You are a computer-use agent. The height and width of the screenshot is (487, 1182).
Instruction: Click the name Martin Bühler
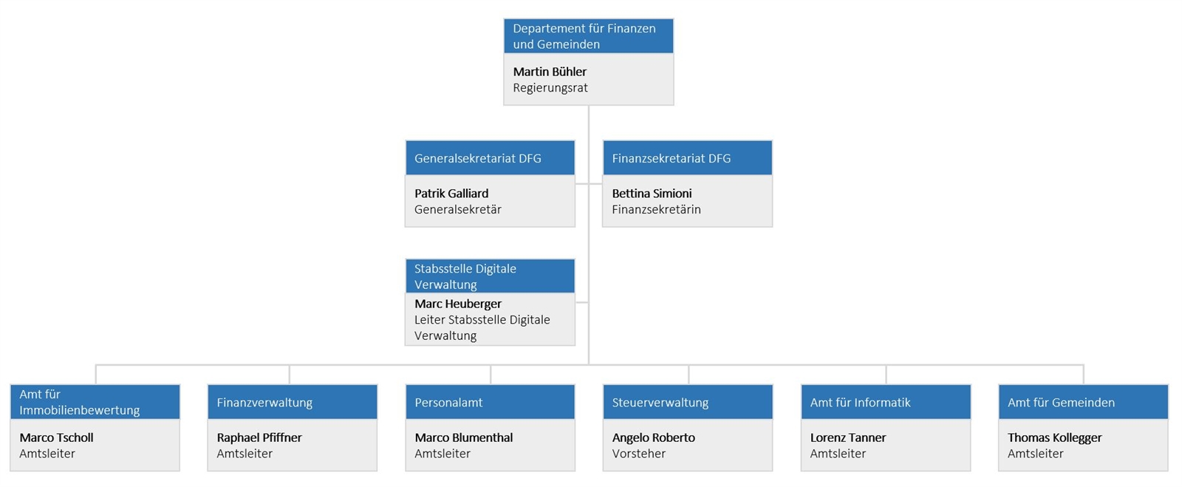coord(550,72)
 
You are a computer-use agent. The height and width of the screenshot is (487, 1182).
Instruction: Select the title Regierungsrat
coord(550,88)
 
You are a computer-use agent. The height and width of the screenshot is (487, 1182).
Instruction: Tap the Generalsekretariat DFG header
coord(490,157)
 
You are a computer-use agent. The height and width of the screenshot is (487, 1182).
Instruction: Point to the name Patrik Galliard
coord(451,194)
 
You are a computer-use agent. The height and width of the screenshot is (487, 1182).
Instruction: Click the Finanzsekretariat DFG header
coord(688,157)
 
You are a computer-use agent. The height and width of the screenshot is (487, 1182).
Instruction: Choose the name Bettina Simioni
coord(652,194)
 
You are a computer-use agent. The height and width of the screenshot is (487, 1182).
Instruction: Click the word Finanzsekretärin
coord(657,209)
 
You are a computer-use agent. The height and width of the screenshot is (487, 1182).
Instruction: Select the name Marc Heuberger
coord(458,304)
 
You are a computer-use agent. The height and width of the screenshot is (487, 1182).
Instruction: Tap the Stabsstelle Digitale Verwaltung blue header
coord(490,276)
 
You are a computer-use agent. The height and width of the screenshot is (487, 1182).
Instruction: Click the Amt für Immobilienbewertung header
coord(95,402)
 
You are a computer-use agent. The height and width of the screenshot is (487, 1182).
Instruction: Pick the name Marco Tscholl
coord(56,438)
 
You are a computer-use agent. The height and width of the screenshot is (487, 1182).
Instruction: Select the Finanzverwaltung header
coord(293,402)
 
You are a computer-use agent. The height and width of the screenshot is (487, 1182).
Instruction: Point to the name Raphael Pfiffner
coord(259,438)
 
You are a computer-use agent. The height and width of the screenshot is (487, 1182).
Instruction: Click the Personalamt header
coord(490,402)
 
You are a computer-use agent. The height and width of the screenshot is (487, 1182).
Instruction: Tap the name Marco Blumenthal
coord(464,438)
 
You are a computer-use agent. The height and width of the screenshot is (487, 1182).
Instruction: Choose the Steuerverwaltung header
coord(688,402)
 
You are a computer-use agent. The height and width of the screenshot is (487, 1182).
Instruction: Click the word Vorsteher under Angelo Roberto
coord(638,454)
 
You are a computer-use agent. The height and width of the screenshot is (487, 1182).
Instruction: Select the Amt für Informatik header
coord(886,402)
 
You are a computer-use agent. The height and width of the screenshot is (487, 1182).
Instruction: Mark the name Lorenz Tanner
coord(848,438)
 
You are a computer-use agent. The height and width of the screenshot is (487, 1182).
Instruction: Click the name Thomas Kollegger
coord(1055,438)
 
